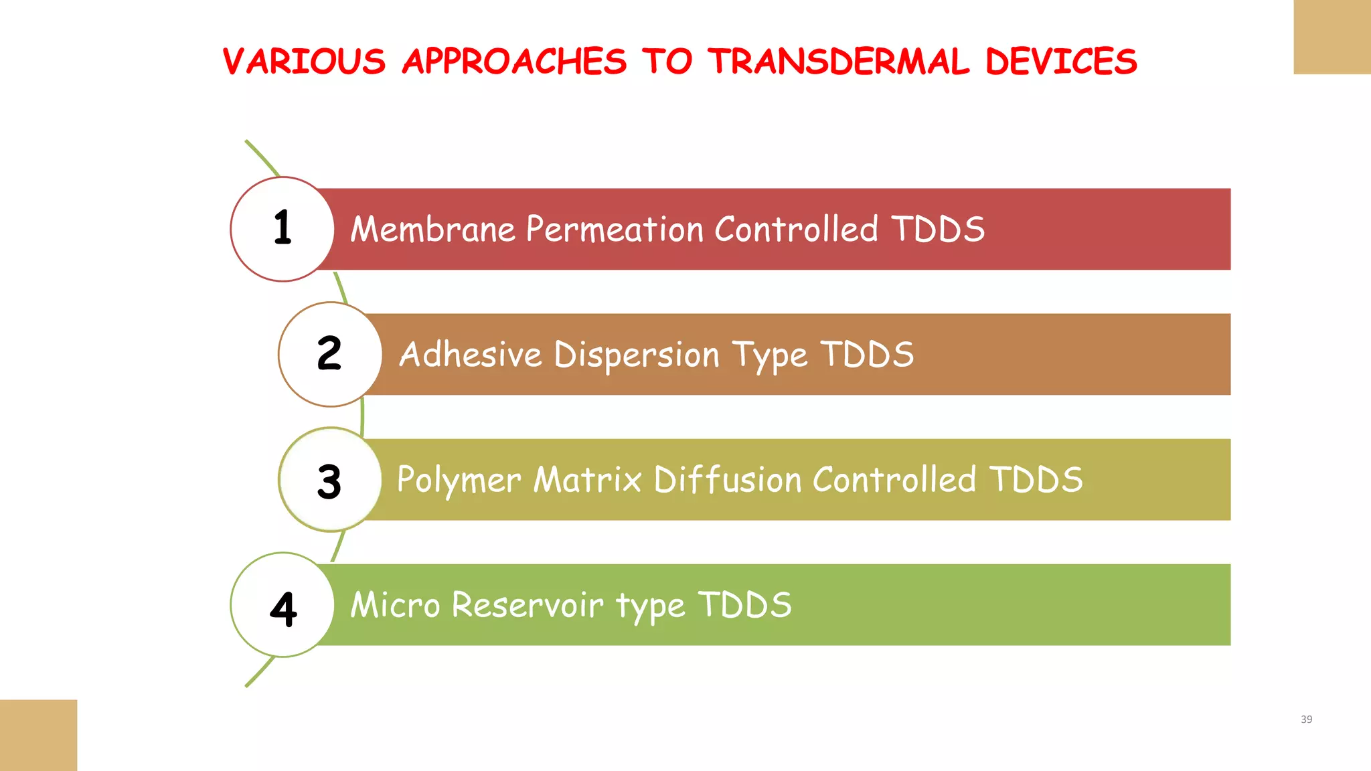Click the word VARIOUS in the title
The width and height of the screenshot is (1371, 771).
click(304, 62)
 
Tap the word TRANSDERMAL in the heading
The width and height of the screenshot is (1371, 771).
click(839, 62)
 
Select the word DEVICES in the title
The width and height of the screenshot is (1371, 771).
click(1061, 62)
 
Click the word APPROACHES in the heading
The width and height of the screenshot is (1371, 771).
click(514, 62)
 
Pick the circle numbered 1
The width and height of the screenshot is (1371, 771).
click(283, 229)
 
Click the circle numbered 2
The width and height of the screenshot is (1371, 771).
click(330, 354)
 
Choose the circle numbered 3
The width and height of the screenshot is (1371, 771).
click(330, 480)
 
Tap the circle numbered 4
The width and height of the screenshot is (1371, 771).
click(283, 605)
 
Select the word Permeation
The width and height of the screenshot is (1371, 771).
click(615, 230)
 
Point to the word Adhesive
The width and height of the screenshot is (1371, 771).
click(471, 355)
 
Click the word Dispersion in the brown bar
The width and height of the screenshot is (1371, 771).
click(636, 355)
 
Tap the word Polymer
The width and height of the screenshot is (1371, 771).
click(459, 481)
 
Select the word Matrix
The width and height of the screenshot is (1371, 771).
click(588, 480)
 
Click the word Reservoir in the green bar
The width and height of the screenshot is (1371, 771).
click(528, 605)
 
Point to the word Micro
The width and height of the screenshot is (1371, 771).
click(395, 605)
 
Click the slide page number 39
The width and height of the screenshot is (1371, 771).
click(1306, 719)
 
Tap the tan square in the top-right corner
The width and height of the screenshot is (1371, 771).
click(1332, 37)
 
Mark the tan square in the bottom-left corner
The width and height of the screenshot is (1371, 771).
click(38, 735)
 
